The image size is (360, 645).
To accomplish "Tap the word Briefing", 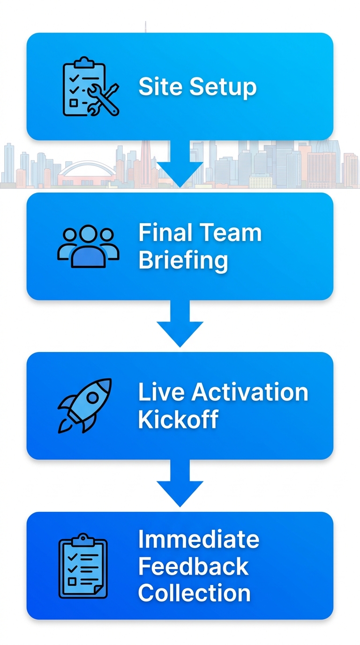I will tap(183, 261).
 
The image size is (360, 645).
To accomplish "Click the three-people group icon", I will tap(88, 246).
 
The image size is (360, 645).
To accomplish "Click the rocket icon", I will tap(85, 405).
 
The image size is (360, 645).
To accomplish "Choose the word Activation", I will tap(249, 392).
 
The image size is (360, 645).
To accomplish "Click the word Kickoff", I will tap(179, 420).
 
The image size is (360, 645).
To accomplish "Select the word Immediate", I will tap(198, 540).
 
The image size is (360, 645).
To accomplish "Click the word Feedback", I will tap(193, 566).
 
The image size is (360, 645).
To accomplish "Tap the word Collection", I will tap(194, 593).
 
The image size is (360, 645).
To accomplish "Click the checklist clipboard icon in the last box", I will tap(83, 566).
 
